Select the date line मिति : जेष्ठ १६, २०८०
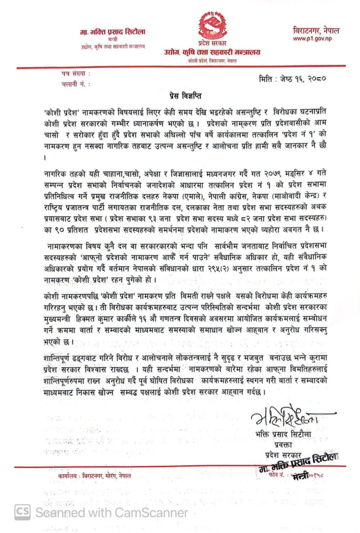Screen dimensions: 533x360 pos(292,80)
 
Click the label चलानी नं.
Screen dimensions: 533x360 pos(73,83)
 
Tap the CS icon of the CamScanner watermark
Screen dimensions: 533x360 pos(22,512)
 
